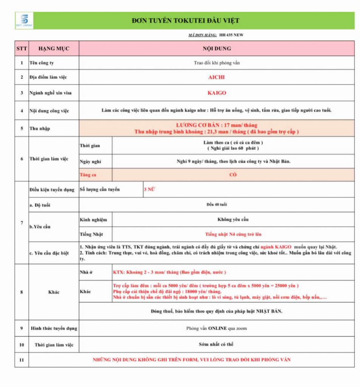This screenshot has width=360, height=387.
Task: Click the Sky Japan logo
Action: [24, 20]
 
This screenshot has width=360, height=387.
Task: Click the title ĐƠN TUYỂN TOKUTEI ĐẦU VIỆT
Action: [185, 21]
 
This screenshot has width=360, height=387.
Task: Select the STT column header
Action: [22, 48]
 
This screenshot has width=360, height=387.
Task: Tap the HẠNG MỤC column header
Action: [53, 48]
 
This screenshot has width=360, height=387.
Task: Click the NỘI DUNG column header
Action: [216, 48]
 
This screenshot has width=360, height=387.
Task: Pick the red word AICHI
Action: [216, 77]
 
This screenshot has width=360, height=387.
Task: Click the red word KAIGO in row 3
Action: [216, 93]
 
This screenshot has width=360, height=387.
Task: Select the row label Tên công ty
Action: [42, 63]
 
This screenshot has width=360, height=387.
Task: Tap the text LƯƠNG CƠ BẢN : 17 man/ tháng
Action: [217, 125]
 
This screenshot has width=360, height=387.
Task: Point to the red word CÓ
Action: [233, 175]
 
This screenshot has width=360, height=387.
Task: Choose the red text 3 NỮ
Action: [149, 189]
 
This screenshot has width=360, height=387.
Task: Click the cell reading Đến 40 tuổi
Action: [217, 204]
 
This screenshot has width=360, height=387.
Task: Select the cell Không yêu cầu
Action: [233, 219]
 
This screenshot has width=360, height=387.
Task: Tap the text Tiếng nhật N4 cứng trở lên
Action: [233, 234]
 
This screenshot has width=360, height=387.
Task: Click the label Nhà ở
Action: [86, 272]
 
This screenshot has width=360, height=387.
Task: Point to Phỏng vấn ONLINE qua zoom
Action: [216, 328]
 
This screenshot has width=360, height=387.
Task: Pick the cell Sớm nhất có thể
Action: [216, 344]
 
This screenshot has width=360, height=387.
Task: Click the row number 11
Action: [22, 360]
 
